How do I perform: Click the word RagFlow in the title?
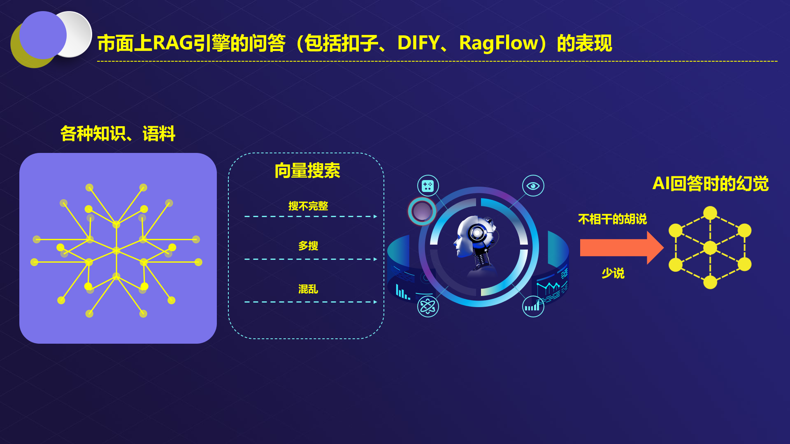[x=499, y=43]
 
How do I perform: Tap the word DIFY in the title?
[x=418, y=43]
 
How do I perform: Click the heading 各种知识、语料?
[x=118, y=134]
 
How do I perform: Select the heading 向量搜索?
[x=307, y=171]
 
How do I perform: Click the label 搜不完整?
[x=308, y=206]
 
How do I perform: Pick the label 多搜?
[x=308, y=246]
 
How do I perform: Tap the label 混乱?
[x=308, y=289]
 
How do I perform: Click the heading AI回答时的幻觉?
[x=711, y=183]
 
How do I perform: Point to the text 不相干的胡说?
[x=612, y=219]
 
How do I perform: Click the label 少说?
[x=613, y=273]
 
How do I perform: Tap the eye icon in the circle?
[x=533, y=186]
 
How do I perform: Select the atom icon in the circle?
[x=428, y=306]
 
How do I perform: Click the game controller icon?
[x=428, y=186]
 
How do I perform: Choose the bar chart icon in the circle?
[x=533, y=306]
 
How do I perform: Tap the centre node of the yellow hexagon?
[x=710, y=248]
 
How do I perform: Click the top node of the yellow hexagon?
[x=710, y=213]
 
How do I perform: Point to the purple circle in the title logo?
[x=42, y=35]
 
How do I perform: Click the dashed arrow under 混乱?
[x=311, y=302]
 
